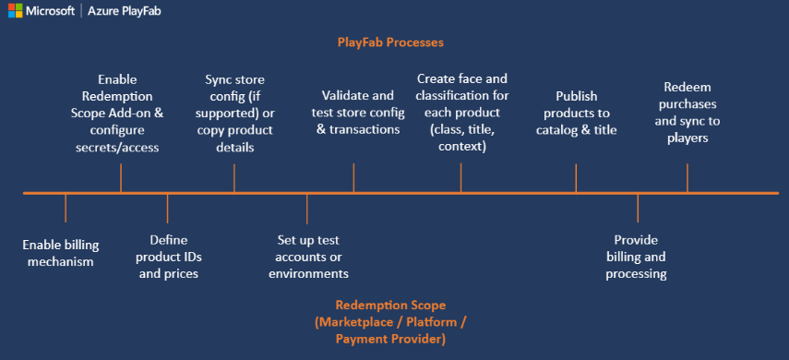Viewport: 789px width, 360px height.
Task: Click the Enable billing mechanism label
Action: click(x=60, y=253)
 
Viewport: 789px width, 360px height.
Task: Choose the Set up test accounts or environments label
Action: click(x=308, y=257)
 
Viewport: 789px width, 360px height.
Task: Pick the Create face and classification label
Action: click(x=462, y=113)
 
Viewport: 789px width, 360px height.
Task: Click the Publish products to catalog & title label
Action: click(x=577, y=113)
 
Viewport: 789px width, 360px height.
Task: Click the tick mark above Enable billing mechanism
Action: click(x=66, y=208)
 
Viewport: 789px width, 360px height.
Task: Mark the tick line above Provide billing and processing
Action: click(x=638, y=208)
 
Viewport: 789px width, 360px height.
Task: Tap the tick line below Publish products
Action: click(x=576, y=177)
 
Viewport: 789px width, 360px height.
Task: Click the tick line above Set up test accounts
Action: click(x=307, y=208)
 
